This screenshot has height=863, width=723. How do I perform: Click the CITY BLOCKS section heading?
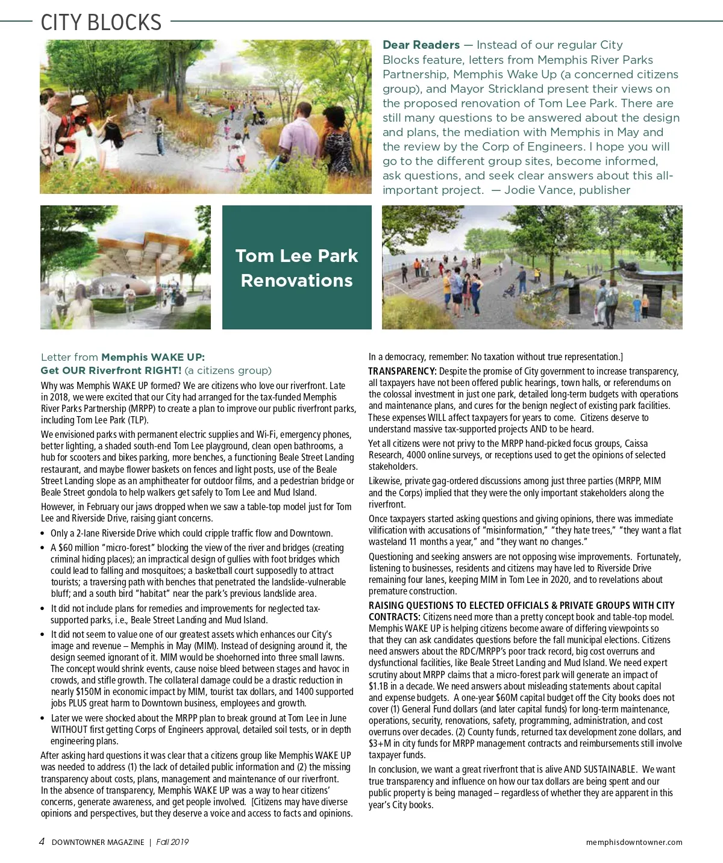click(101, 23)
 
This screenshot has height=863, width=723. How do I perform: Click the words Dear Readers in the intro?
click(421, 45)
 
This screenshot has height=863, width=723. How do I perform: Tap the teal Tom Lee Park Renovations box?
click(296, 267)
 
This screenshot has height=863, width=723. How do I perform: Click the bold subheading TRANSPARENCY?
click(402, 372)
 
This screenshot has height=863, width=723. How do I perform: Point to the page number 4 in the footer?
click(42, 842)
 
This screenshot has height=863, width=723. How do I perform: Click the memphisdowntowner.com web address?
click(634, 843)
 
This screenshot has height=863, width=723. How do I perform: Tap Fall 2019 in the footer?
click(172, 843)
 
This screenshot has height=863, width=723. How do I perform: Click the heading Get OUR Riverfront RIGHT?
click(111, 370)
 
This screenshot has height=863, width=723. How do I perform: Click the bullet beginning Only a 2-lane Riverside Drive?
click(191, 534)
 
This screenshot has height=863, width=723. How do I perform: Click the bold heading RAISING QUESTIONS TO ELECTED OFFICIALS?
click(521, 606)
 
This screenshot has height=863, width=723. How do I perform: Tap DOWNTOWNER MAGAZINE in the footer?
click(98, 843)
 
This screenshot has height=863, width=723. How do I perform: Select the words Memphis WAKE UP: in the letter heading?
click(153, 357)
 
